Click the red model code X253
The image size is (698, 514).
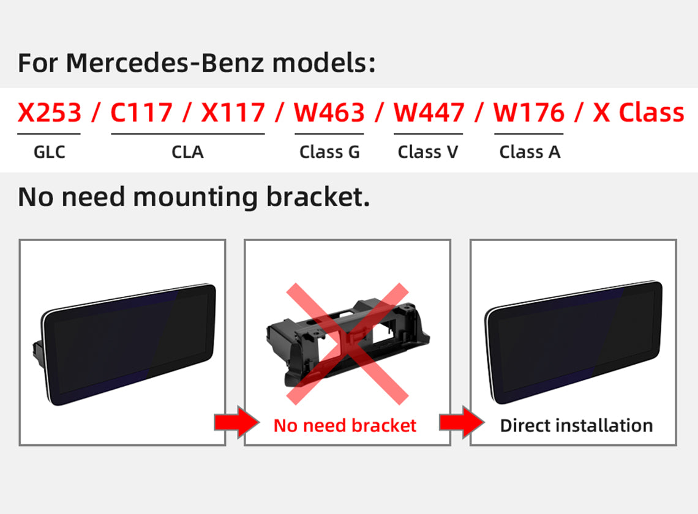[x=49, y=113]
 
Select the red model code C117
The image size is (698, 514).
[x=141, y=113]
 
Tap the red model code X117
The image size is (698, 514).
[x=233, y=113]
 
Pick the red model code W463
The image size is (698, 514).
[x=329, y=113]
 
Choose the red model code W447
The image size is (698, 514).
[x=429, y=113]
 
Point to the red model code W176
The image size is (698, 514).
[x=528, y=113]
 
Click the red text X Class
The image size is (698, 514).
[x=638, y=113]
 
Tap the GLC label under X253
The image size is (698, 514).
[x=49, y=152]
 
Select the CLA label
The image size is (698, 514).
[x=187, y=152]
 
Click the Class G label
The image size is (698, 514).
[x=329, y=152]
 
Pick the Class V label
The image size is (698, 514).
[x=428, y=152]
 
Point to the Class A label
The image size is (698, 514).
[x=530, y=152]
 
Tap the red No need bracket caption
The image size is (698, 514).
[x=345, y=425]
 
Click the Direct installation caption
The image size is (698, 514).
[x=576, y=425]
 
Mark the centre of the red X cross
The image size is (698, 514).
[x=347, y=343]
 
